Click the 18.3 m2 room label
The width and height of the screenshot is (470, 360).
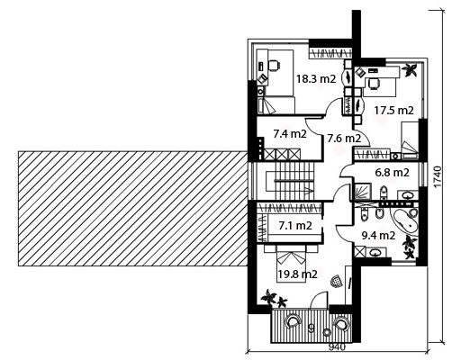pos(316,79)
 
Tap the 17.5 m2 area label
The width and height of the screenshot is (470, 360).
pos(393,111)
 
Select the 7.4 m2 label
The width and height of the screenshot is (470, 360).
pos(290,134)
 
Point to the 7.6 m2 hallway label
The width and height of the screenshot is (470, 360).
pos(344,139)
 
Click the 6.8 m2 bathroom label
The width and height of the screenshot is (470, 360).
pos(393,173)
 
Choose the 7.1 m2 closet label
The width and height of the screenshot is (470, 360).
pos(295,225)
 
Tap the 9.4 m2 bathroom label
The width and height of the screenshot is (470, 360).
pos(378,236)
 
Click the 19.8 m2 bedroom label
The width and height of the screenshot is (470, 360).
pos(297,274)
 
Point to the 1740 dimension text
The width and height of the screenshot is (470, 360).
pos(438,177)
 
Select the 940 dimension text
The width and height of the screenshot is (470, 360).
pos(337,347)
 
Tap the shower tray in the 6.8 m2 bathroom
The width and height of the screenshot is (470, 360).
pos(363,192)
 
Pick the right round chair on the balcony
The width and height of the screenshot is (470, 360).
pos(340,323)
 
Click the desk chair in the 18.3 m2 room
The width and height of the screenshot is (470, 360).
pos(274,65)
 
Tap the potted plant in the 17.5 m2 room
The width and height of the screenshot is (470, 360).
pos(410,70)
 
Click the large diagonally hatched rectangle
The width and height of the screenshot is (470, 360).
pos(132,209)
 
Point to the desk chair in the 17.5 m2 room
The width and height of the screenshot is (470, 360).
pos(373,84)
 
